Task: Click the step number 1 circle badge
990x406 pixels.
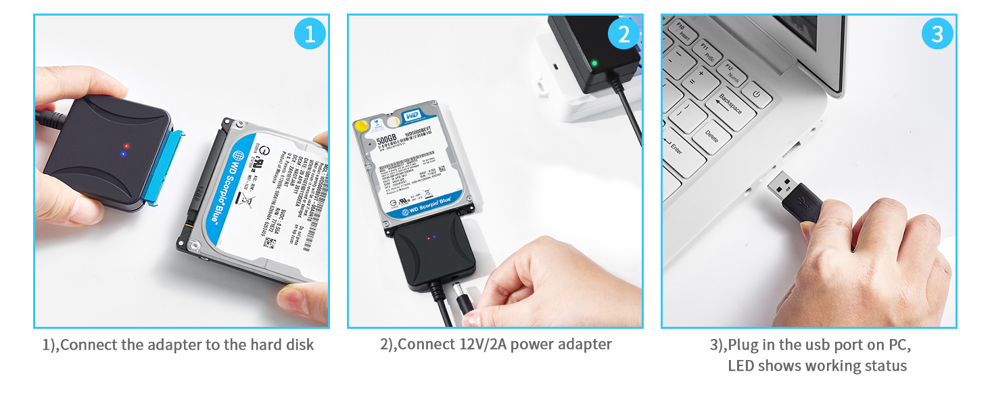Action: (x=310, y=34)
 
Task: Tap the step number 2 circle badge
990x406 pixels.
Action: (x=623, y=34)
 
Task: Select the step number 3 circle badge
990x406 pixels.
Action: (x=937, y=34)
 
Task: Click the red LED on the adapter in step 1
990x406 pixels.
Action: (x=126, y=145)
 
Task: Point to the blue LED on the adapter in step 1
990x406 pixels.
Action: (x=122, y=154)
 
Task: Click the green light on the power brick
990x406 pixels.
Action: (x=594, y=64)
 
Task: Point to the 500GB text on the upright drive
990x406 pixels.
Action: (x=386, y=141)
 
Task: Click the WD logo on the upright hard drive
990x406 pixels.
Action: (x=412, y=117)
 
